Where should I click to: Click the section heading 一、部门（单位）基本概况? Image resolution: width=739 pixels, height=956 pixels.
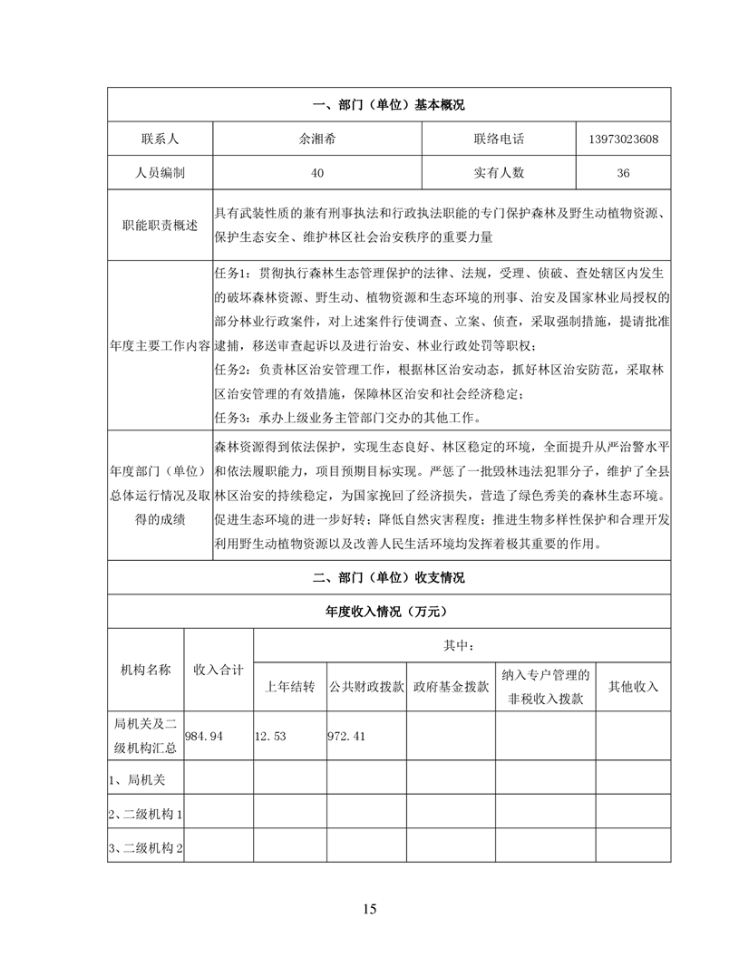[x=388, y=105]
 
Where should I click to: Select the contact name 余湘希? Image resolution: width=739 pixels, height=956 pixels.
[x=317, y=140]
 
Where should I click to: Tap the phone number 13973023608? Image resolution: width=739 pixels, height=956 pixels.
[x=623, y=140]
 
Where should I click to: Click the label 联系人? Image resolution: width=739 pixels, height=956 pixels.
[x=160, y=140]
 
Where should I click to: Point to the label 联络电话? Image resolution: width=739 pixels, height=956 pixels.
[x=498, y=140]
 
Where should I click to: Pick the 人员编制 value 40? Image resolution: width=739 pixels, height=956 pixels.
[x=317, y=172]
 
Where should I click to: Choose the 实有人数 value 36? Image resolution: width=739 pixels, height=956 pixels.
[x=623, y=172]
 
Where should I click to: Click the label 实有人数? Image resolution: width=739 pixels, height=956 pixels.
[x=498, y=172]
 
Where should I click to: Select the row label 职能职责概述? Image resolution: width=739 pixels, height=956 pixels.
[x=160, y=224]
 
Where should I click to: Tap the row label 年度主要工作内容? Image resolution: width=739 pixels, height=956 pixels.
[x=160, y=345]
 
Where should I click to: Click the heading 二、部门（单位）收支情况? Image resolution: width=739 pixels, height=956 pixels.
[x=388, y=577]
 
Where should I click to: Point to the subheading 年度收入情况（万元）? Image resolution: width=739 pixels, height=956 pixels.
[x=388, y=612]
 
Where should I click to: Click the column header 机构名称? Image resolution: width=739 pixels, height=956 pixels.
[x=145, y=670]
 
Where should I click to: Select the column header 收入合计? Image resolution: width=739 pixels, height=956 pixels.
[x=219, y=670]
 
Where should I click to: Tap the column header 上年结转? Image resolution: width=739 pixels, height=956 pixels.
[x=289, y=687]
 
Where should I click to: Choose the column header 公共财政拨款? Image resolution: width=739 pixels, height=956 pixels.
[x=365, y=687]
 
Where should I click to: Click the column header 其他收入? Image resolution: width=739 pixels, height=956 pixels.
[x=633, y=687]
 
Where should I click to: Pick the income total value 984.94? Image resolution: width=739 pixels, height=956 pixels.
[x=204, y=736]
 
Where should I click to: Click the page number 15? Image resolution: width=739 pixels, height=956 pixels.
[x=369, y=909]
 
